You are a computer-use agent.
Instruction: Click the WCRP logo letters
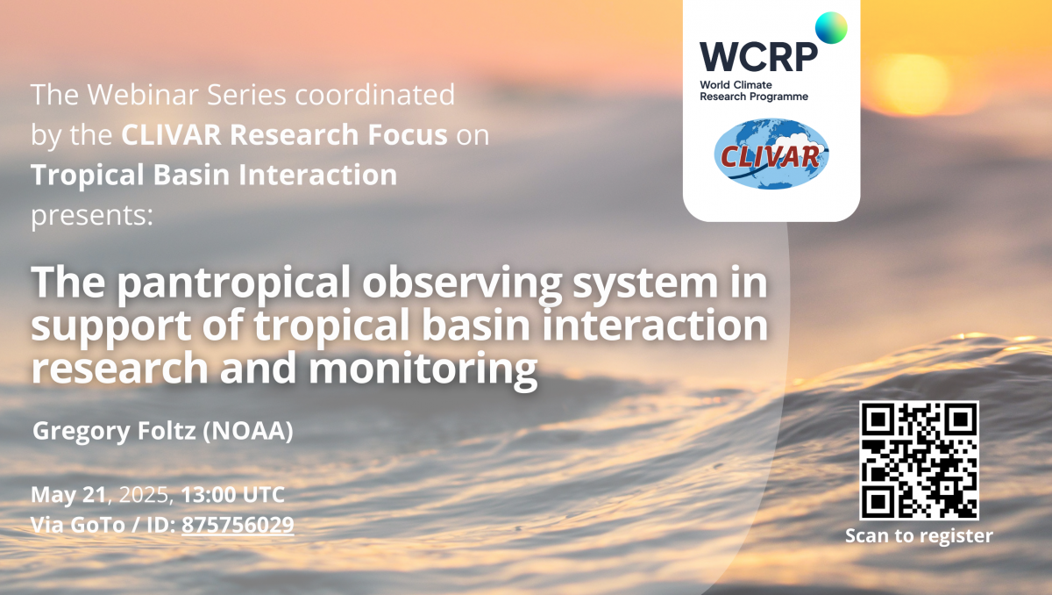point(758,57)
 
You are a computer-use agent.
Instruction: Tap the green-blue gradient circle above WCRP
point(831,28)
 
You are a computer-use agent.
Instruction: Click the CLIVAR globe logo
point(771,154)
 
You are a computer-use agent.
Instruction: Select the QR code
point(919,461)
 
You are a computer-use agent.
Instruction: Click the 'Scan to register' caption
point(919,536)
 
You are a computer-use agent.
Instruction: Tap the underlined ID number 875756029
point(238,525)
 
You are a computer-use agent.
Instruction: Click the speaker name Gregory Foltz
point(114,432)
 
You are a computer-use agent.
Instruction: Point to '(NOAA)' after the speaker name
point(248,431)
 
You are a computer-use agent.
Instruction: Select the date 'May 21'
point(68,495)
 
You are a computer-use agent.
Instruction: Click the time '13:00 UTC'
point(233,494)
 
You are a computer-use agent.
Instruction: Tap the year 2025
point(144,495)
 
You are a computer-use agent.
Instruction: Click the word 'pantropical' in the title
point(233,283)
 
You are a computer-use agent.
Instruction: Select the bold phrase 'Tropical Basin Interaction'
point(214,175)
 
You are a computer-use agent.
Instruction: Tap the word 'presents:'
point(92,216)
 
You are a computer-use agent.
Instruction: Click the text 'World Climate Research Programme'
point(754,90)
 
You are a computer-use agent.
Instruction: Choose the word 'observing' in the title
point(462,283)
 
